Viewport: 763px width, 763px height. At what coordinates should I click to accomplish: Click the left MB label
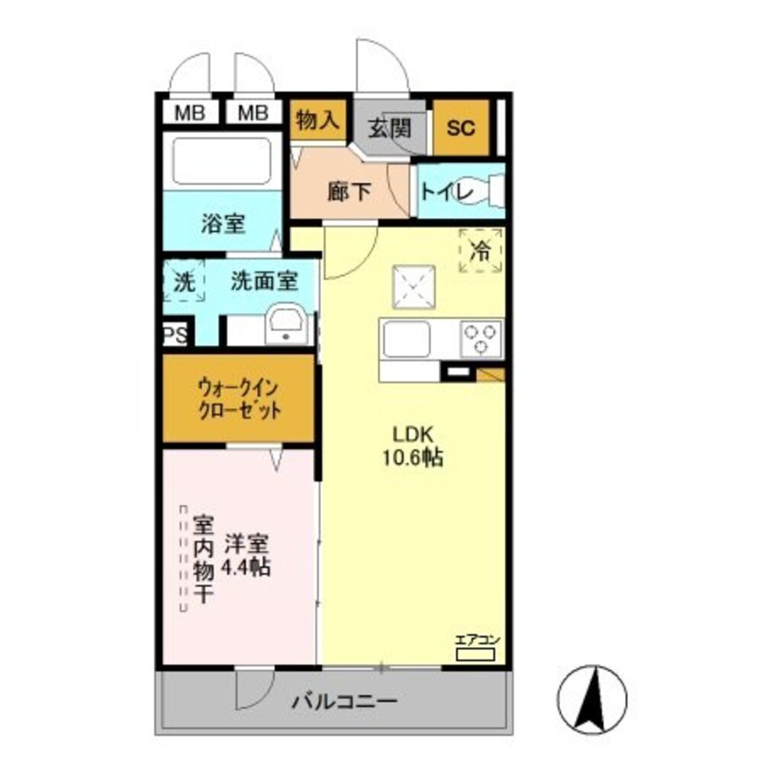click(191, 113)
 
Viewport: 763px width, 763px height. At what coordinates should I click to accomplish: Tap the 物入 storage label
click(318, 120)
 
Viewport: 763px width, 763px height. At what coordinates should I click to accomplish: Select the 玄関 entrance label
click(390, 127)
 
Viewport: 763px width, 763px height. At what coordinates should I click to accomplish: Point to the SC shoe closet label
click(461, 127)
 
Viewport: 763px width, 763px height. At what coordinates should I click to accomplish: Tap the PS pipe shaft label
click(175, 336)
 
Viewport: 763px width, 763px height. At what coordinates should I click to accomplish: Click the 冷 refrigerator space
click(481, 250)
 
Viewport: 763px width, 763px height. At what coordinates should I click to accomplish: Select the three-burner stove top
click(481, 338)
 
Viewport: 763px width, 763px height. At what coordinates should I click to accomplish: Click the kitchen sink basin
click(407, 338)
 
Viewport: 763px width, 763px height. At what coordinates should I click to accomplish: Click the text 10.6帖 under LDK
click(414, 459)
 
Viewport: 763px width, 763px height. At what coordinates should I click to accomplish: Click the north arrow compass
click(592, 696)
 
